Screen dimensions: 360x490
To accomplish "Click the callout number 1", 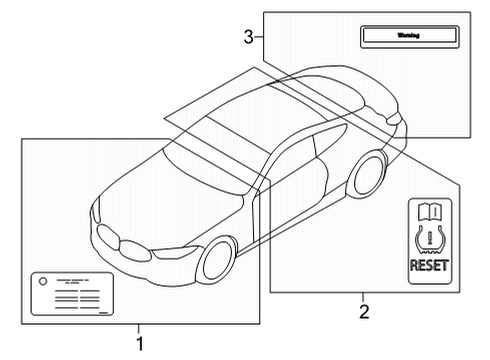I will tap(140, 343).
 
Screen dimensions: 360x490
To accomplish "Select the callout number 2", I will tap(364, 311).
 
